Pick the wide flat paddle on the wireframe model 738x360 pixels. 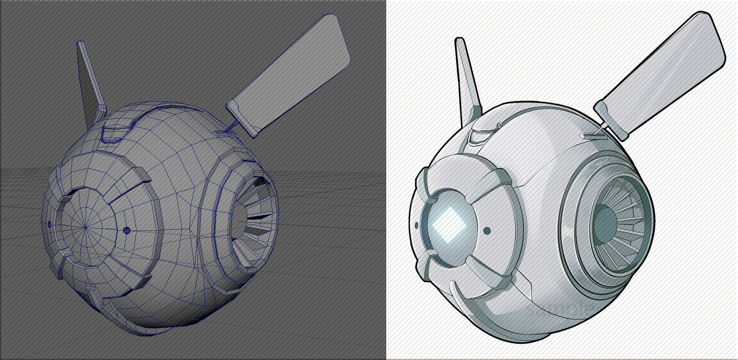[292, 73]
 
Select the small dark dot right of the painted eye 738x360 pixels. [487, 231]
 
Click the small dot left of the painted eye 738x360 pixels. [417, 225]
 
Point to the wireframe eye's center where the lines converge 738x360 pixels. [85, 227]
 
